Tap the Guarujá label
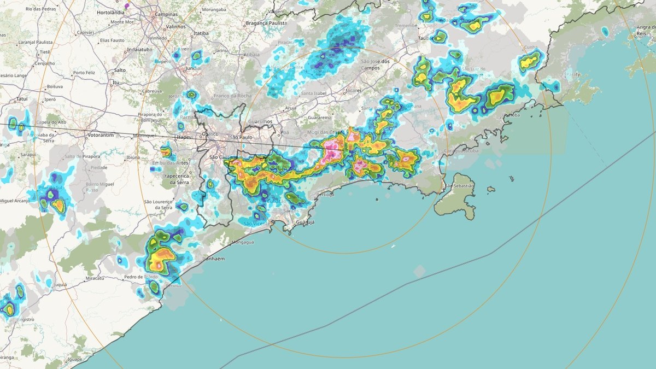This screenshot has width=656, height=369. tap(305, 223)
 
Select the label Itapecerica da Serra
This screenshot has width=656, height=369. tap(178, 178)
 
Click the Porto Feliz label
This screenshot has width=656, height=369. tap(87, 73)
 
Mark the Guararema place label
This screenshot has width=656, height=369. tap(320, 117)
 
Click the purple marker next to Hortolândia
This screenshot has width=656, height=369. tap(127, 5)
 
